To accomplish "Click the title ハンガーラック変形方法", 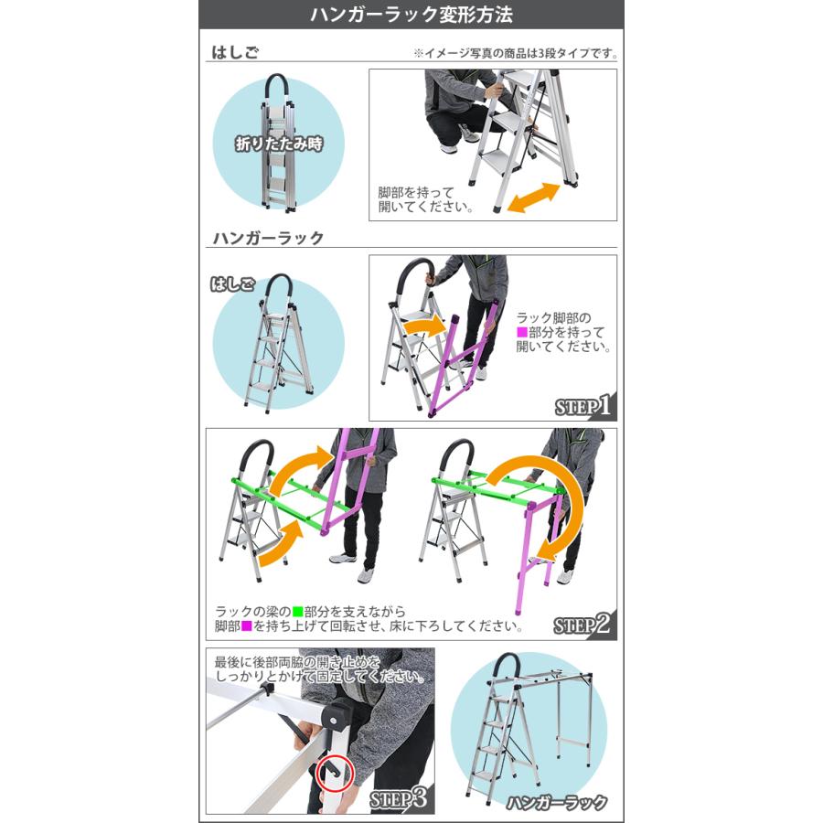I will tap(411, 16).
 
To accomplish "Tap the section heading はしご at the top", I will tap(235, 52).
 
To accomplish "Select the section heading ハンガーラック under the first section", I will tap(268, 238).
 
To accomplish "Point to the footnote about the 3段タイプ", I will tap(515, 53).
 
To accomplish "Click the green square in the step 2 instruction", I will tap(298, 611).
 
